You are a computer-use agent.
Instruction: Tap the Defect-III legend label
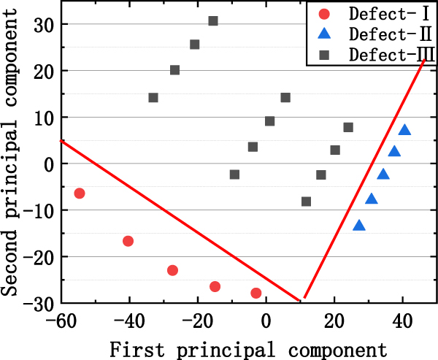pyautogui.click(x=388, y=54)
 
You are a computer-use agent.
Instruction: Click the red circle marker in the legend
pyautogui.click(x=325, y=13)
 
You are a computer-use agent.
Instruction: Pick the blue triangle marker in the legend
pyautogui.click(x=325, y=34)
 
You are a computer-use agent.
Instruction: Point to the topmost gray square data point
pyautogui.click(x=213, y=21)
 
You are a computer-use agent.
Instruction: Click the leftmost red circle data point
pyautogui.click(x=80, y=194)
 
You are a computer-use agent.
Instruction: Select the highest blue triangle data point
pyautogui.click(x=404, y=131)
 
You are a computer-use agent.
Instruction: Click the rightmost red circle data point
pyautogui.click(x=256, y=293)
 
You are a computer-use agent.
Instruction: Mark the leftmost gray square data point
pyautogui.click(x=153, y=98)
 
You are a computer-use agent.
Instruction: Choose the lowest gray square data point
pyautogui.click(x=306, y=202)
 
